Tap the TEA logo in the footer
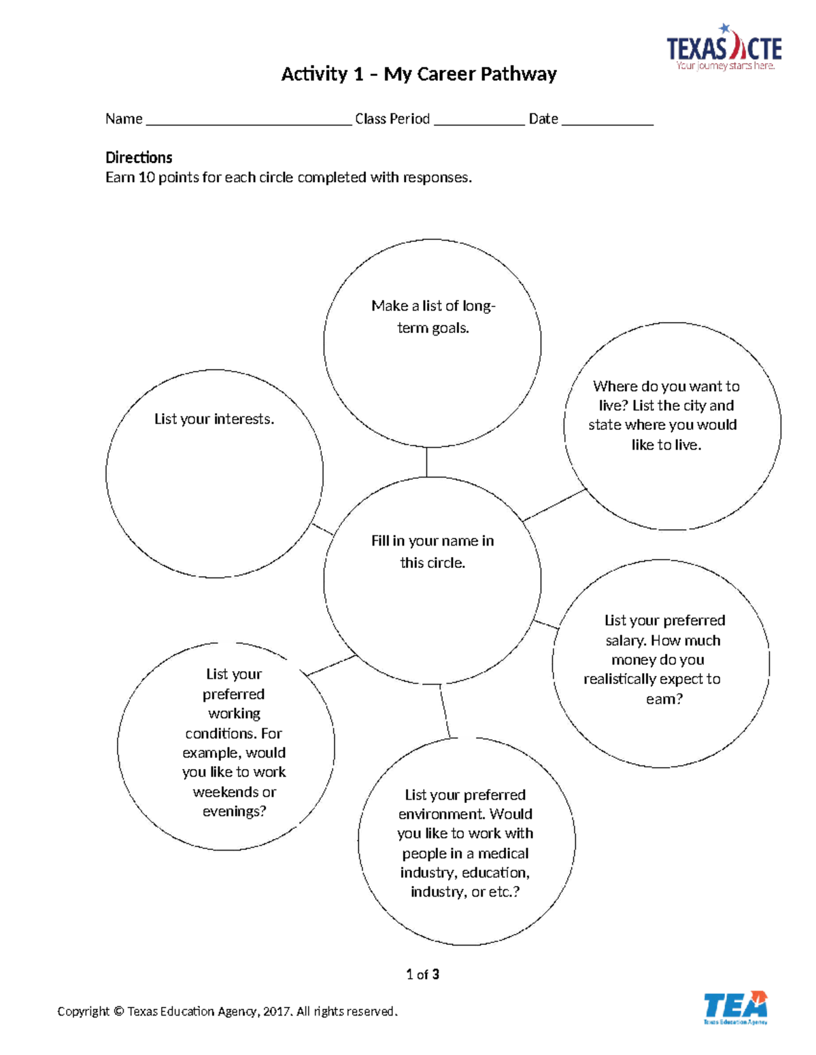(x=736, y=1007)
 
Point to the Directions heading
(x=139, y=158)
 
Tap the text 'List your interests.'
(x=214, y=419)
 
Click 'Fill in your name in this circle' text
(x=432, y=552)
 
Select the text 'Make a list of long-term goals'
(x=433, y=317)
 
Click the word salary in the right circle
(x=626, y=641)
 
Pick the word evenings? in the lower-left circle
(x=235, y=811)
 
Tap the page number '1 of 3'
(x=422, y=974)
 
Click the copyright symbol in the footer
(x=118, y=1012)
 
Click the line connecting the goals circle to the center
(x=426, y=462)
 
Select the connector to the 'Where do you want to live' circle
(x=554, y=505)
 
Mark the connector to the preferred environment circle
(x=445, y=711)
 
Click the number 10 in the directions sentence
(x=147, y=177)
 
